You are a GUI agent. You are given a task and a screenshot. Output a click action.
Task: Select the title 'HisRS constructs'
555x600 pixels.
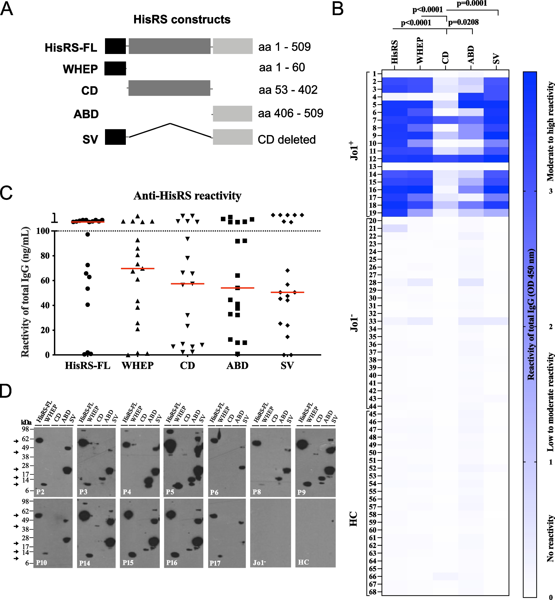click(182, 19)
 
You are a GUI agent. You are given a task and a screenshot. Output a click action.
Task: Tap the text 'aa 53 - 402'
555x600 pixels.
click(288, 90)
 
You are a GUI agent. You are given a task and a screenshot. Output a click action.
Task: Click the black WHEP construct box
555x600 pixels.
click(115, 69)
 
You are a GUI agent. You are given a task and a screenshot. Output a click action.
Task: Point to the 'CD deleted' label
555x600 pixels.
click(286, 139)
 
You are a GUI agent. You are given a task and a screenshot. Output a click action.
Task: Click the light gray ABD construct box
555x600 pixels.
click(233, 114)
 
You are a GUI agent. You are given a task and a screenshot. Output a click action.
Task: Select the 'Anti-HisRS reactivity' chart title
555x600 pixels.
click(187, 196)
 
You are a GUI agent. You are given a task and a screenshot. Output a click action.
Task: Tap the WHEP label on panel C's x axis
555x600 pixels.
click(138, 366)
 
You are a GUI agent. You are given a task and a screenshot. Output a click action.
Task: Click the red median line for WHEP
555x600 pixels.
click(138, 268)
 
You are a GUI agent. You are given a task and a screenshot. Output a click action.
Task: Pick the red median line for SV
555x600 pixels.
click(287, 292)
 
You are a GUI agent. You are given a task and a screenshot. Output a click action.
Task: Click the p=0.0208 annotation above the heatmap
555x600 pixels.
click(463, 22)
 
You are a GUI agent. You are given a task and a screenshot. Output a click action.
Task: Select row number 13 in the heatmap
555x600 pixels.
click(372, 166)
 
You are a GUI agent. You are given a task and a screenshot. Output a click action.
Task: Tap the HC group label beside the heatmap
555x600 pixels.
click(354, 519)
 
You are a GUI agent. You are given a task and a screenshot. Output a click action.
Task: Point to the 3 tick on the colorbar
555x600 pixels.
click(550, 191)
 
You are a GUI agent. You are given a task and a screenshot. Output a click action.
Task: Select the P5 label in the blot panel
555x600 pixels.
click(170, 492)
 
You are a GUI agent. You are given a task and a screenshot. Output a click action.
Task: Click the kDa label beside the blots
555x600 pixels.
click(26, 422)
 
